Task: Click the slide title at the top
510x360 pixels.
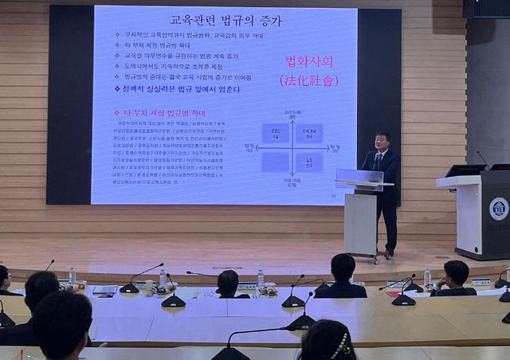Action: (x=226, y=19)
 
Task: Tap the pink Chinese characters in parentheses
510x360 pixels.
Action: (x=308, y=80)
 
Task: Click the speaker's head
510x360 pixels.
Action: (x=382, y=140)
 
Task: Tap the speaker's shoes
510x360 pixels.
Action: (x=388, y=254)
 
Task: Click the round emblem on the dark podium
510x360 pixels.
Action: (x=499, y=209)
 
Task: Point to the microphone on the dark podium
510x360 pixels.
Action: (x=483, y=158)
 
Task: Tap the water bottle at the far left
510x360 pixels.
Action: (x=72, y=276)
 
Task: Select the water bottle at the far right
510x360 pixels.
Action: (x=427, y=276)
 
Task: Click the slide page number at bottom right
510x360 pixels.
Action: (x=331, y=194)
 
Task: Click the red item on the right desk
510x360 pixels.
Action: (x=394, y=292)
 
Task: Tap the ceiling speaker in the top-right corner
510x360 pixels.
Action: (x=485, y=8)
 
